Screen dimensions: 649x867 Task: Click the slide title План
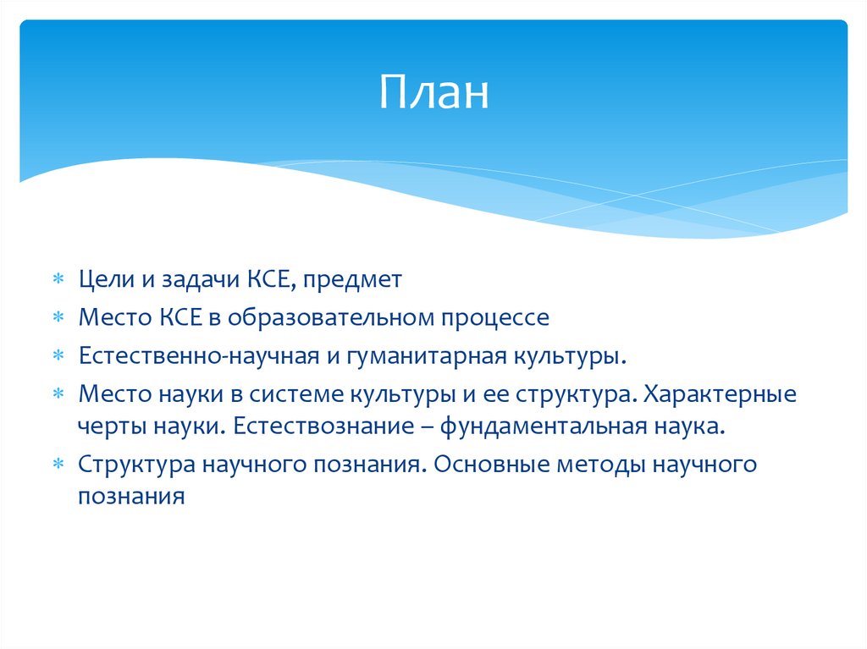coord(433,92)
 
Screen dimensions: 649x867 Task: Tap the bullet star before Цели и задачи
coord(58,280)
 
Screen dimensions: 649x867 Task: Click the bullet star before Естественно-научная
coord(58,357)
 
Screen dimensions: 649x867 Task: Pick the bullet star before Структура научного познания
coord(58,465)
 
